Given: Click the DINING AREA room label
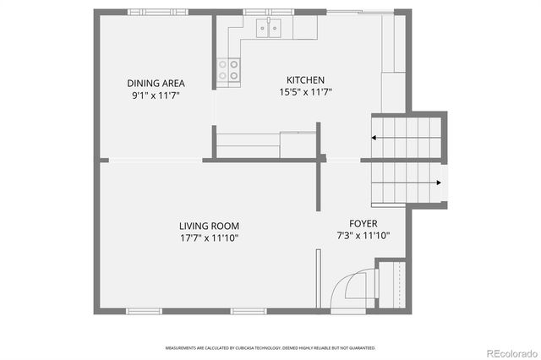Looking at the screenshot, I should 156,83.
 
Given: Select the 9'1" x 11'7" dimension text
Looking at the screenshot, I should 156,95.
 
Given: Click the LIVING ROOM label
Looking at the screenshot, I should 209,226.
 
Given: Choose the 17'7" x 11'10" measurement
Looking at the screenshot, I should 209,238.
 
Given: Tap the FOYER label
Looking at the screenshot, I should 363,224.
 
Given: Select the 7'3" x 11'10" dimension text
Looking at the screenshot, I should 363,236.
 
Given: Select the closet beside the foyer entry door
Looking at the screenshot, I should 390,286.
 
